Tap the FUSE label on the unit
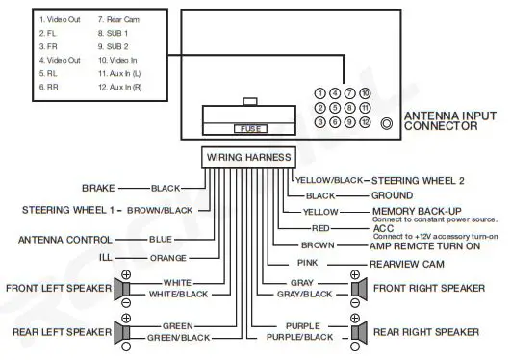coord(248,127)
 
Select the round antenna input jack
coord(386,123)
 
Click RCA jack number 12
coord(366,123)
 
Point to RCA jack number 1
coord(319,93)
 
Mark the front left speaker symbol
coord(126,289)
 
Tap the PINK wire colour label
coord(306,263)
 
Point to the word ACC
coord(383,228)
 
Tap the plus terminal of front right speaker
coord(355,275)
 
